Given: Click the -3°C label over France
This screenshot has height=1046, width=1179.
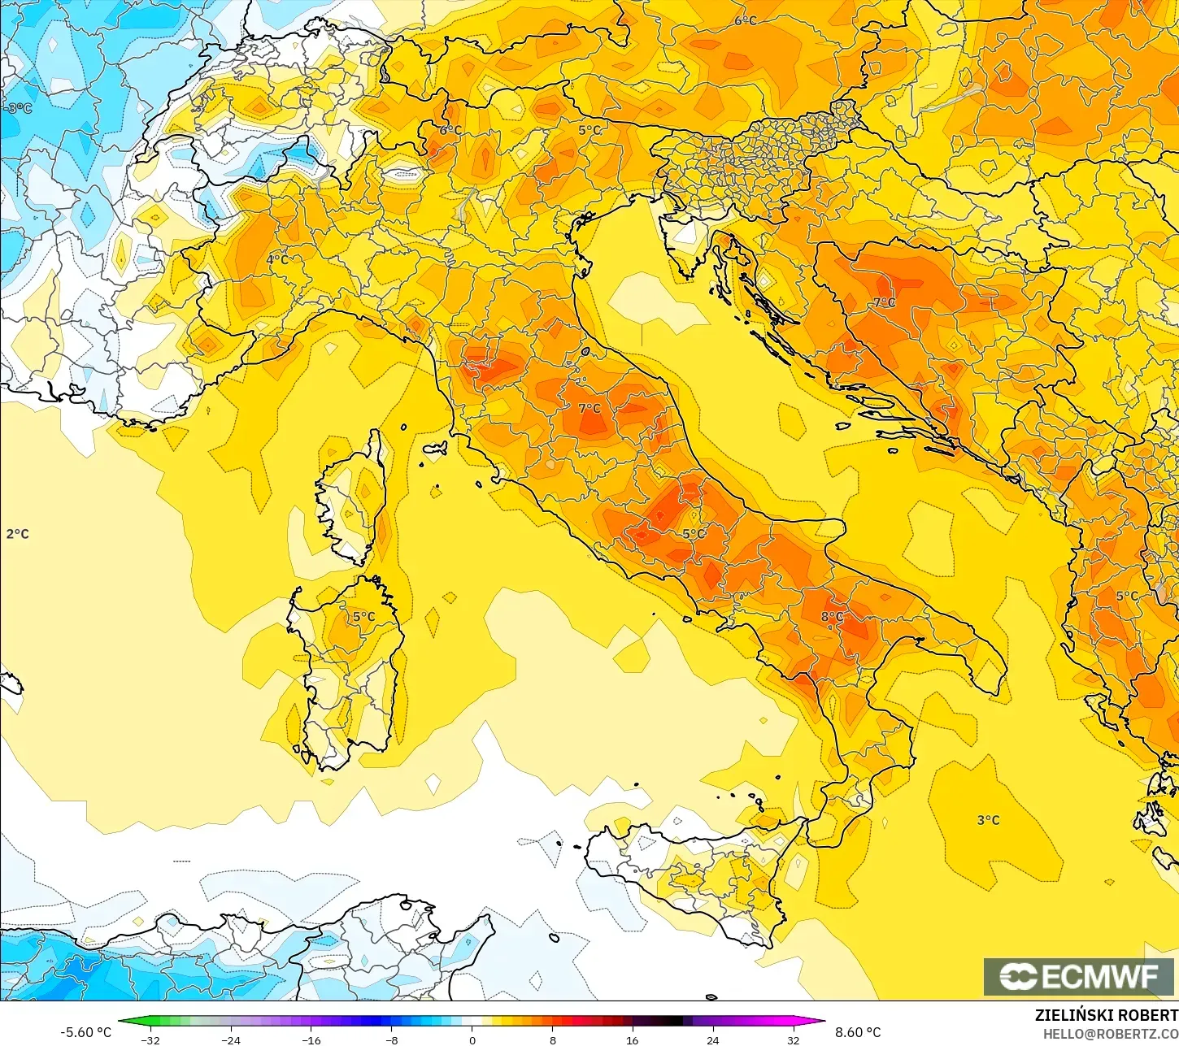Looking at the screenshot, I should (x=17, y=108).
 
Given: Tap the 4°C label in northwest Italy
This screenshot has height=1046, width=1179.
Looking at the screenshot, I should (x=277, y=259).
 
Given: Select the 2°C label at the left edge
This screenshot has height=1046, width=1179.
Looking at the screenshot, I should (x=17, y=534).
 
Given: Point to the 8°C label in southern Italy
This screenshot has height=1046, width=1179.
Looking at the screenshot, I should (x=832, y=617).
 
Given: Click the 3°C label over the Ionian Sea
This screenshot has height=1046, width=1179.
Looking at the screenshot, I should (x=988, y=820).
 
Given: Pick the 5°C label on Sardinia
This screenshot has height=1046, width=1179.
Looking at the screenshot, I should (x=363, y=617).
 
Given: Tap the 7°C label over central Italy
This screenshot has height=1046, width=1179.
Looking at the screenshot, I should (x=589, y=408).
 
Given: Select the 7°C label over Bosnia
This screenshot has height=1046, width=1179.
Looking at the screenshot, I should (x=884, y=302).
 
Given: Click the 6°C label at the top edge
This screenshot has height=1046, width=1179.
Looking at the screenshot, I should (x=746, y=20).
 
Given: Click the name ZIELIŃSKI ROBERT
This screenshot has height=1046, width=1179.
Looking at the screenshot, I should (x=1106, y=1015).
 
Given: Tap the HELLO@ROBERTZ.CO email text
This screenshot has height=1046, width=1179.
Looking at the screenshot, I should (x=1111, y=1034).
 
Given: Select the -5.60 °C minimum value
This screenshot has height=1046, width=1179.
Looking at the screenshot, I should (x=85, y=1032).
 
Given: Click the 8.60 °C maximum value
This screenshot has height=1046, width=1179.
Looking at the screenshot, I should (x=857, y=1032).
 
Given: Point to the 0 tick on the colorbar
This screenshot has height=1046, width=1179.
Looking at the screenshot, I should (x=472, y=1039).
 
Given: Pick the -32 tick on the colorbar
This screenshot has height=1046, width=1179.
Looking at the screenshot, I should (x=150, y=1039).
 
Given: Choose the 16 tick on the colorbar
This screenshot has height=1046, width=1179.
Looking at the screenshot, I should (x=632, y=1039).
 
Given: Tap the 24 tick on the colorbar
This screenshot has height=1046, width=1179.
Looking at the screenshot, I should (x=712, y=1039).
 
